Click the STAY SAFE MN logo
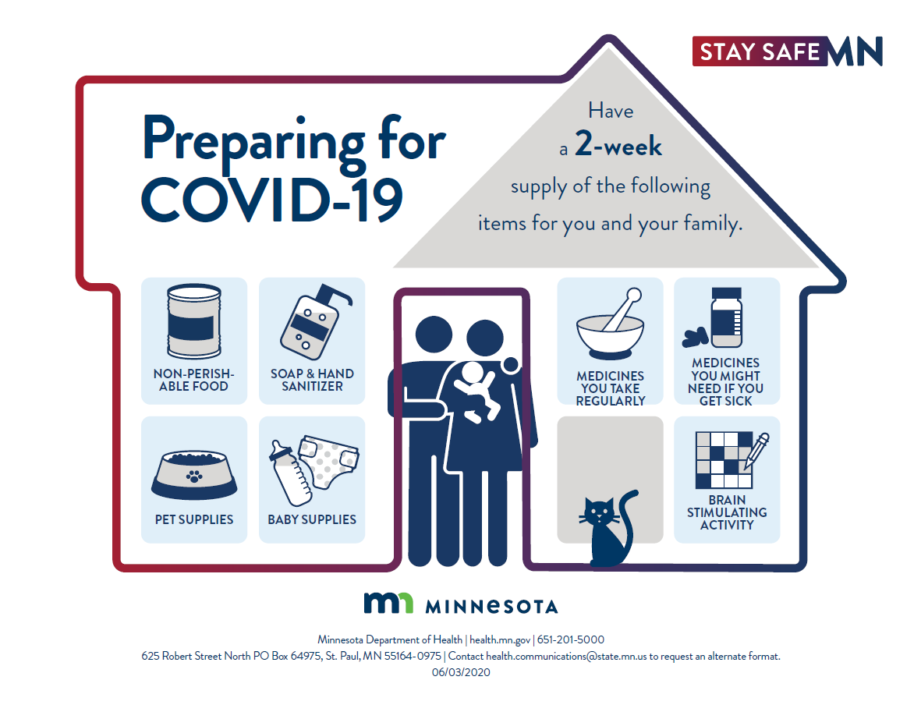787,51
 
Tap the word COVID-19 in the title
272,200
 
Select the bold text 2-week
618,144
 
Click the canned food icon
194,321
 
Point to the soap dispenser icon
315,322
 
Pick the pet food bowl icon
194,475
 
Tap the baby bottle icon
290,473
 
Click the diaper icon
328,462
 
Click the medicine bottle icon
727,318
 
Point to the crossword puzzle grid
724,460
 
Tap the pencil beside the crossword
756,451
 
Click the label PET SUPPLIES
194,519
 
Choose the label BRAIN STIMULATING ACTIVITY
727,512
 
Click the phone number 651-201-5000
570,639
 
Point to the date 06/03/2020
461,672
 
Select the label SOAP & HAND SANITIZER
312,380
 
